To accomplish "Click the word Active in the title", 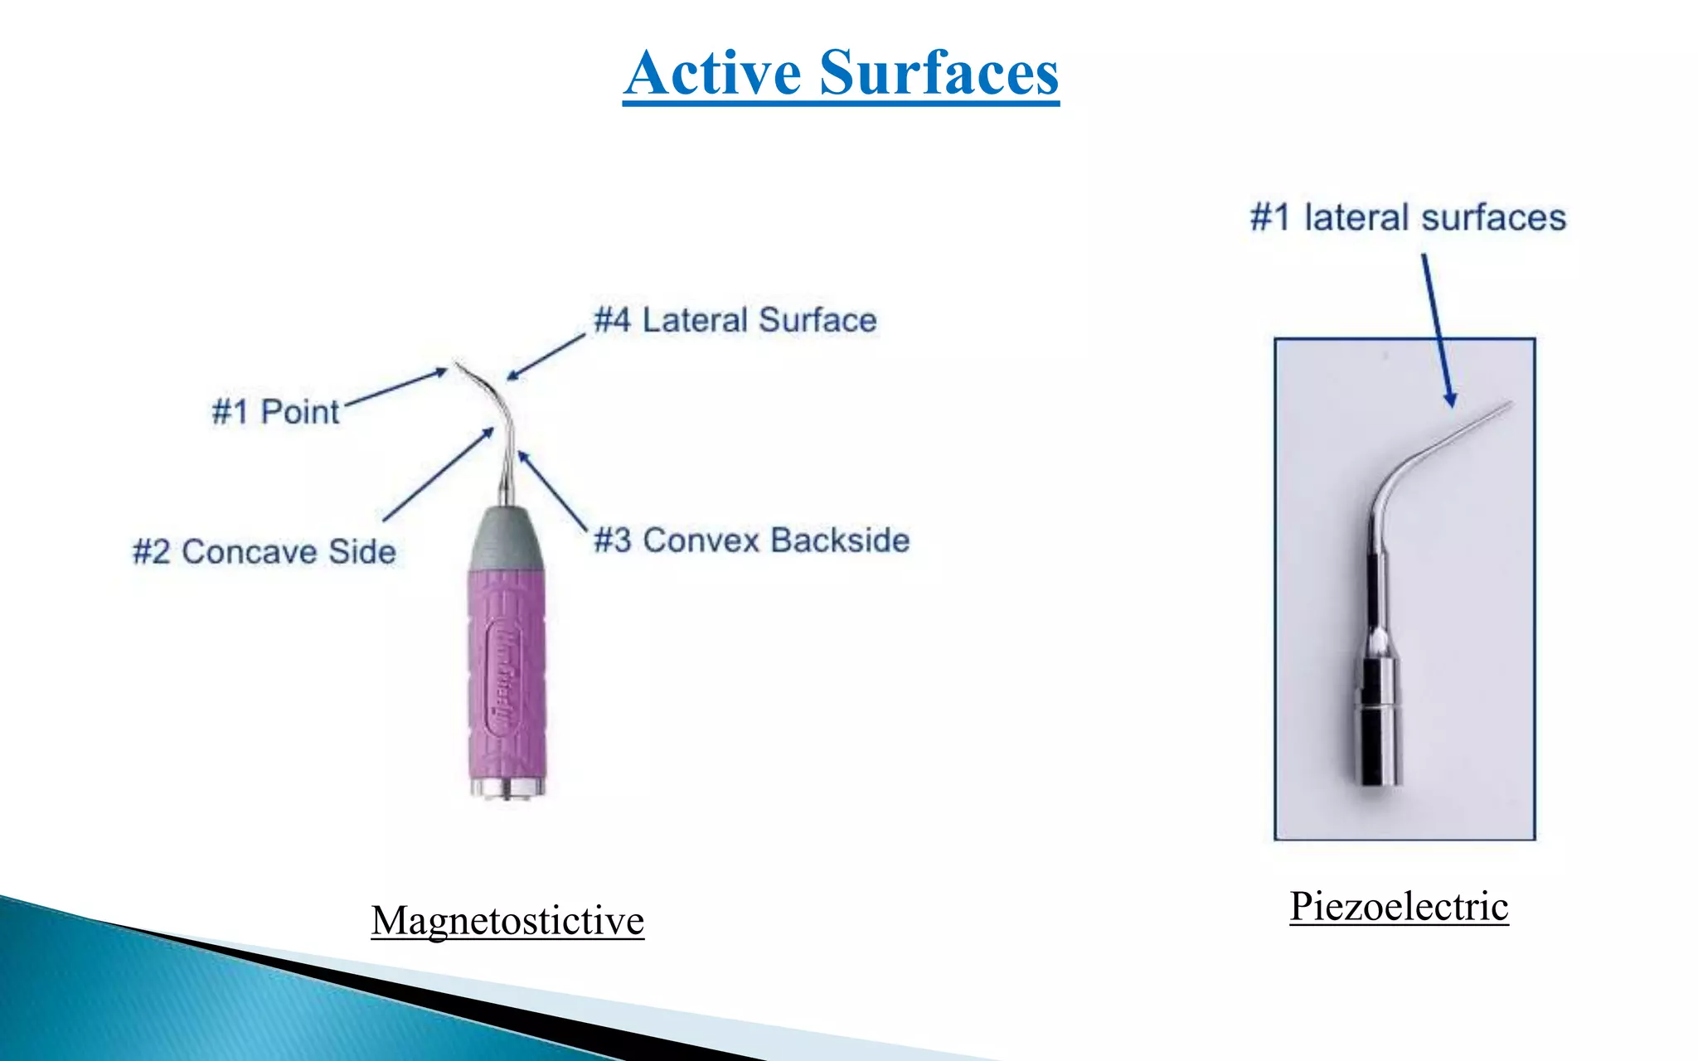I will click(x=713, y=73).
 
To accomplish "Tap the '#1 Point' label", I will click(x=275, y=412).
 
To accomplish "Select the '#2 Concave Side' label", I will click(x=264, y=552).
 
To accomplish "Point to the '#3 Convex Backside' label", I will click(x=752, y=540).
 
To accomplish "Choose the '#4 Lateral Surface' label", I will click(x=735, y=320).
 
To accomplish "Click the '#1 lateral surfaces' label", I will click(x=1408, y=218).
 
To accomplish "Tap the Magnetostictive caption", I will click(x=507, y=921).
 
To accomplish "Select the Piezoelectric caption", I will click(x=1399, y=906).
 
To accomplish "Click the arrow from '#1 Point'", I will click(x=396, y=388).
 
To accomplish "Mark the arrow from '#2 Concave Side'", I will click(x=439, y=474).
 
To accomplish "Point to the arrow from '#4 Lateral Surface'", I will click(x=546, y=357).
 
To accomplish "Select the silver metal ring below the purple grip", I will click(x=507, y=787).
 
